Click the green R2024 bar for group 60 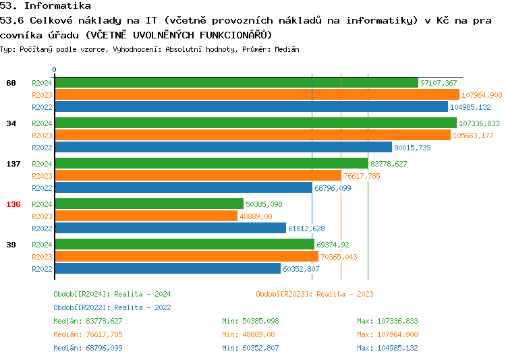(236, 83)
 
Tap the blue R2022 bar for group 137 (183, 188)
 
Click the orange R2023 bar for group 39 (186, 257)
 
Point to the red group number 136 (13, 204)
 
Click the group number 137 (13, 164)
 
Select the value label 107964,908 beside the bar (482, 95)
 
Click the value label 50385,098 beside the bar (264, 204)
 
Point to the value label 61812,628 (306, 229)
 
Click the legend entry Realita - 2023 (314, 294)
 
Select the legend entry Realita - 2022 (112, 307)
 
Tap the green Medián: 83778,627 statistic (88, 321)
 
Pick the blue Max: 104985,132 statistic (387, 348)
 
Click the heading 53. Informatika (45, 6)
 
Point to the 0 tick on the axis (55, 69)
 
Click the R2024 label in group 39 (42, 245)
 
